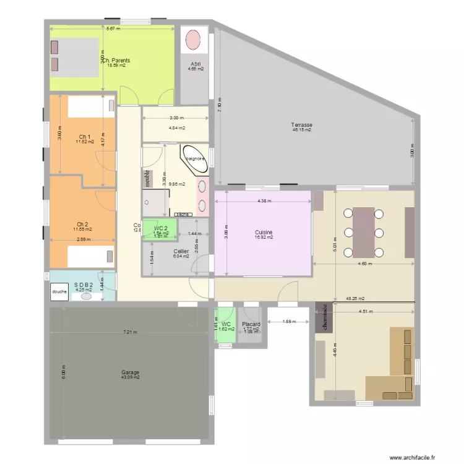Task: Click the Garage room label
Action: tap(130, 372)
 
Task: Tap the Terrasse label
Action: tap(301, 125)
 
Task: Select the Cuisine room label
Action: tap(264, 233)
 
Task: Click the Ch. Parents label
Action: tap(116, 61)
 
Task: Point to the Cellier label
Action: tap(181, 251)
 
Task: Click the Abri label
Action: tap(195, 64)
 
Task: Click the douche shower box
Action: tap(59, 291)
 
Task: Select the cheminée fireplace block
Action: tap(322, 317)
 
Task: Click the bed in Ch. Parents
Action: tap(74, 56)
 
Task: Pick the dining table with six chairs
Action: tap(363, 232)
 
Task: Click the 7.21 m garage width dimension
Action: tap(130, 332)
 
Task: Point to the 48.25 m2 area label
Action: tap(355, 298)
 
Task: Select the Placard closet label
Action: tap(251, 324)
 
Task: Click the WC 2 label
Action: tap(161, 228)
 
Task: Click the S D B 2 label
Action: tap(83, 285)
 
